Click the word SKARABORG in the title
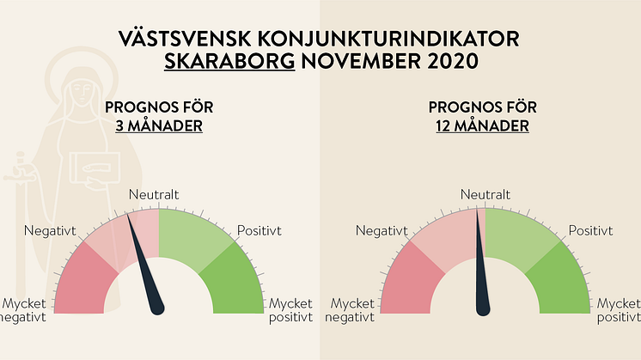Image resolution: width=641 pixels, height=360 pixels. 229,61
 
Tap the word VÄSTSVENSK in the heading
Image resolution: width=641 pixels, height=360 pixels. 185,39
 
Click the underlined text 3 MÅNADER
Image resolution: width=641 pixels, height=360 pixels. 159,125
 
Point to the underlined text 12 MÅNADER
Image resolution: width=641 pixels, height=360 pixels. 482,125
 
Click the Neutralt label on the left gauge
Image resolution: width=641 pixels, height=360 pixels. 154,194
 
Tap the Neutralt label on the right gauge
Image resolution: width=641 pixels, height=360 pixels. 485,194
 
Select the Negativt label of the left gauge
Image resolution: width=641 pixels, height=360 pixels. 50,231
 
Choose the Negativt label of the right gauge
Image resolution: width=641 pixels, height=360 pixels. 382,231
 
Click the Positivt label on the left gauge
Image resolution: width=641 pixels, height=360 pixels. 259,231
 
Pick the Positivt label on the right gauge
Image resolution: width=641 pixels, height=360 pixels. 590,231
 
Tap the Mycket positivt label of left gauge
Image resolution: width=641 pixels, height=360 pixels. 290,310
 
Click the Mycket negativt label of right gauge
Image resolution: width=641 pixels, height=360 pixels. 350,310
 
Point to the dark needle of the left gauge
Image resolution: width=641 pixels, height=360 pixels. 145,265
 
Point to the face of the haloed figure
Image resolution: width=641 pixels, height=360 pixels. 82,93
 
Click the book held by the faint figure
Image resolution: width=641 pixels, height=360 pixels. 95,168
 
